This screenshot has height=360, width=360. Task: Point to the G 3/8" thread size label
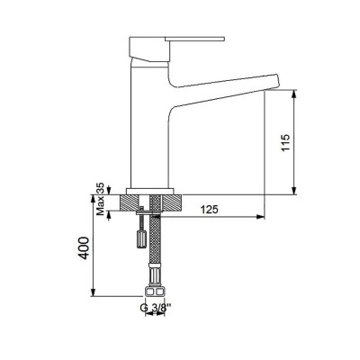coord(157,309)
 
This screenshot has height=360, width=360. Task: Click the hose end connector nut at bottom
coord(156,292)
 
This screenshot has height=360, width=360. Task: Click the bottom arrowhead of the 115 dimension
coord(296,192)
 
